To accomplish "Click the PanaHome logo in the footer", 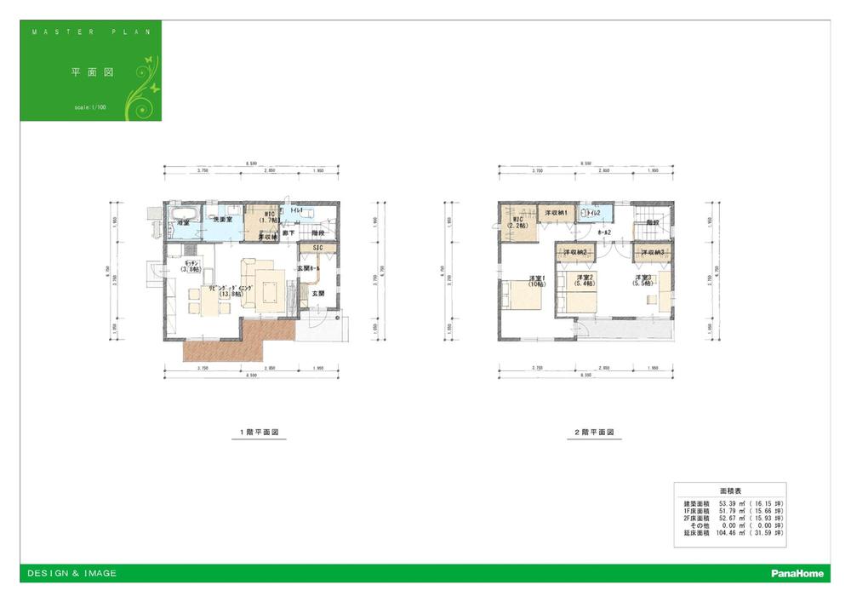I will [797, 574].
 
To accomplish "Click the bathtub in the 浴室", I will [184, 213].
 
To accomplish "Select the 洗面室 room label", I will [223, 220].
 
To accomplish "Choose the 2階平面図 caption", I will [593, 433].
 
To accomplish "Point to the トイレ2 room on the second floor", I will [591, 213].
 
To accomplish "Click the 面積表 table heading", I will [730, 492].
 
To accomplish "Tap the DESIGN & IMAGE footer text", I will [72, 574].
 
